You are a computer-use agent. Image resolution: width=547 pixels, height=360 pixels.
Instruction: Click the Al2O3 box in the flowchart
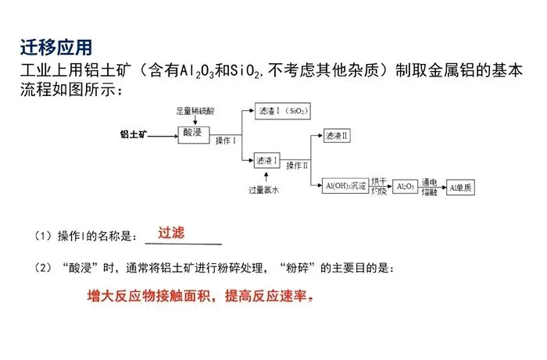click(x=405, y=187)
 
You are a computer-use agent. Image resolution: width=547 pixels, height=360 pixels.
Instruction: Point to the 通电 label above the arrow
click(x=430, y=180)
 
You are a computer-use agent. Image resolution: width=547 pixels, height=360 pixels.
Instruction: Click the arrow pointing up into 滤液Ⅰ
click(x=266, y=176)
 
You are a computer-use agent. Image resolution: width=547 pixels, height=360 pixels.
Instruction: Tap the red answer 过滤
click(x=171, y=233)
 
